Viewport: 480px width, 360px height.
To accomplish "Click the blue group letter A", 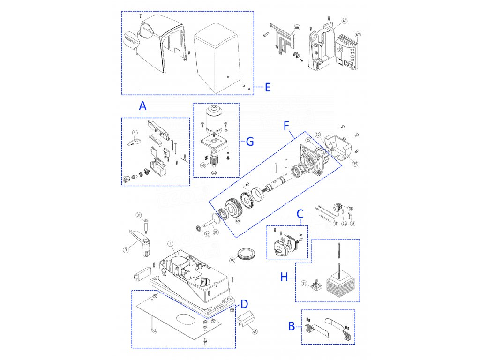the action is click(x=143, y=106).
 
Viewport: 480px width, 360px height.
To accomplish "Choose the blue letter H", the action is click(x=284, y=277).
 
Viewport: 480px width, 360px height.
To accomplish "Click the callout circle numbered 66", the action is click(x=296, y=28).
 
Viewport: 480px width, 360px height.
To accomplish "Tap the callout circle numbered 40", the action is click(x=345, y=21).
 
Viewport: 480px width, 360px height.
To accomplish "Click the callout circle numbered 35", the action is click(x=355, y=164).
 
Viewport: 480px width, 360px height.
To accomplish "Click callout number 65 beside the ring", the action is click(x=232, y=260).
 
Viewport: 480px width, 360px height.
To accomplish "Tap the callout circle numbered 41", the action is click(x=255, y=331).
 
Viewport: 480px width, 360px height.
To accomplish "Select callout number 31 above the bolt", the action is click(x=139, y=215).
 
